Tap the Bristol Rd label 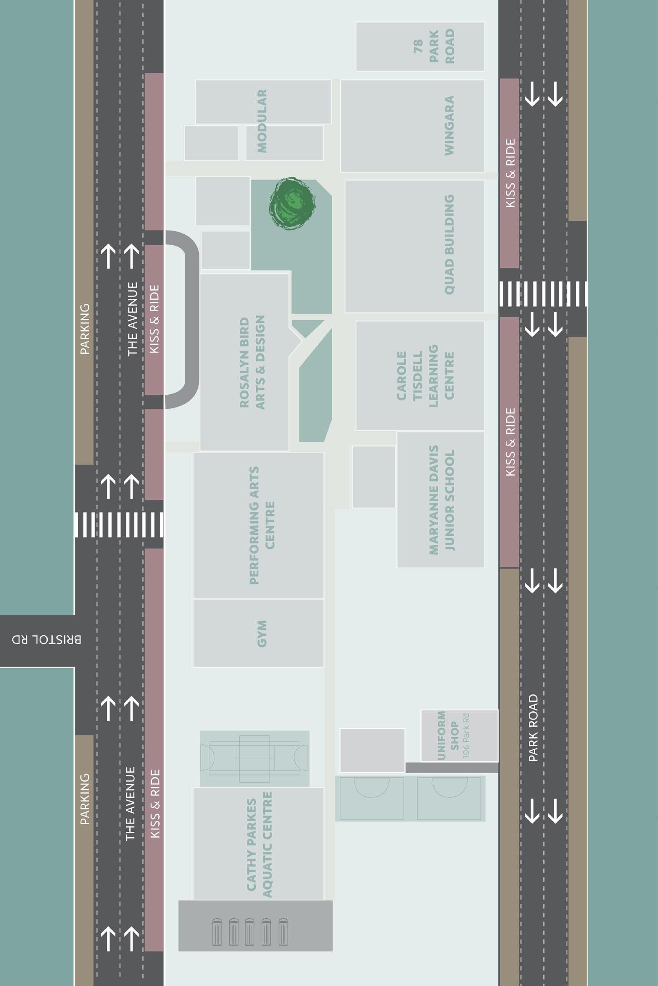click(46, 639)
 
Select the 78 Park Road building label click(434, 46)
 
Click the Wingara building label click(449, 126)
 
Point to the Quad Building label click(449, 244)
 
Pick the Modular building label click(262, 121)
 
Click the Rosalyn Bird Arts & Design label click(252, 362)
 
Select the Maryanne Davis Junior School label click(441, 500)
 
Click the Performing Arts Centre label click(262, 525)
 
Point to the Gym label click(262, 633)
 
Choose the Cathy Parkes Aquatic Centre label click(259, 845)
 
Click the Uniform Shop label click(448, 735)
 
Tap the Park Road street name click(533, 728)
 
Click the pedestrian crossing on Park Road click(543, 293)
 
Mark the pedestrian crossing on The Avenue click(119, 524)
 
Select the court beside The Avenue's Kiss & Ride click(255, 759)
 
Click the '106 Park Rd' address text click(466, 735)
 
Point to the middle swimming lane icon click(249, 932)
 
